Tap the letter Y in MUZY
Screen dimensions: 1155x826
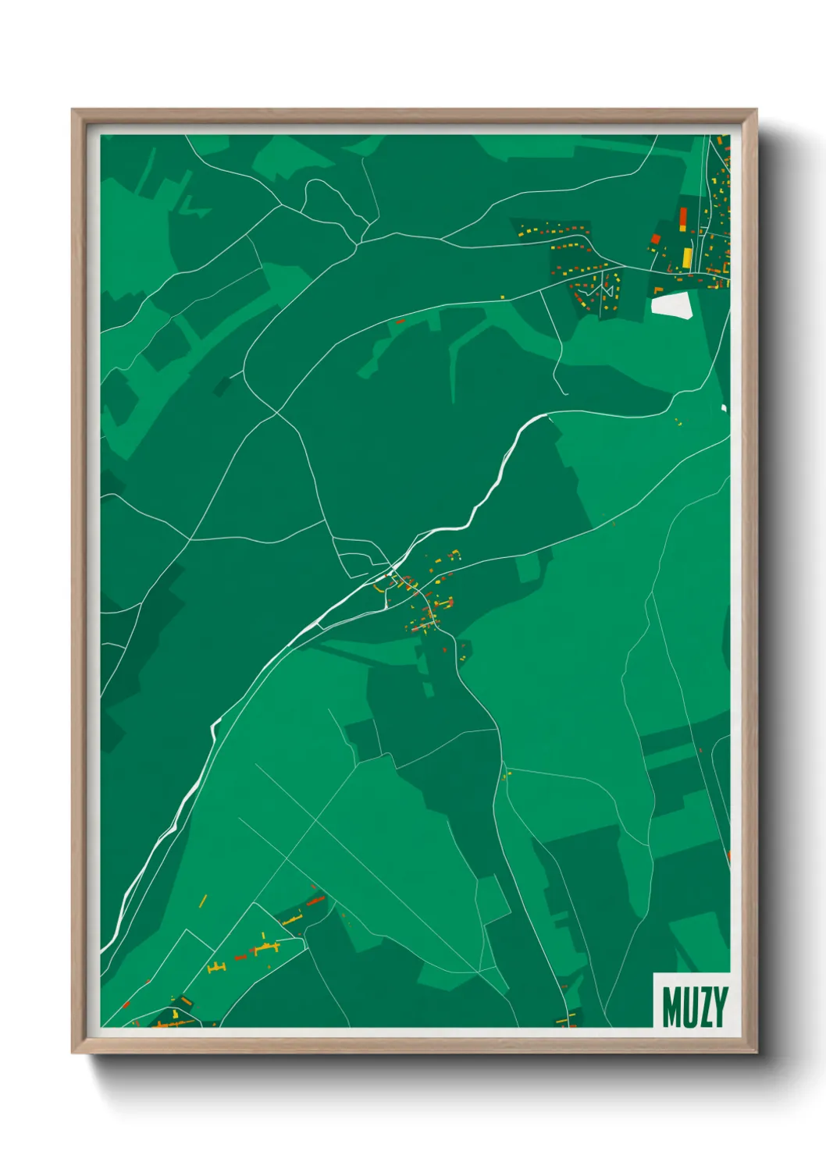point(721,1008)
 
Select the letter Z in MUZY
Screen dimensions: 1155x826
point(704,1008)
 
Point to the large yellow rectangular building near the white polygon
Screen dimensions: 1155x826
point(687,257)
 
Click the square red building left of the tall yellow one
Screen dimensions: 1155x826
point(656,239)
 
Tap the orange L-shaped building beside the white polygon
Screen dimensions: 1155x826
point(658,290)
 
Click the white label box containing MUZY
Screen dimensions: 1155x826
point(691,1000)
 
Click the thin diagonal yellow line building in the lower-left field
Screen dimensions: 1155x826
point(203,901)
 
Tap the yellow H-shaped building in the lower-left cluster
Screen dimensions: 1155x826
point(217,967)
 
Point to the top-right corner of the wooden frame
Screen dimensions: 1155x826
point(755,111)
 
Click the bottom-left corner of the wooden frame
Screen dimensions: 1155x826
point(73,1051)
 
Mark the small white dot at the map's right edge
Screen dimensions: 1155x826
point(724,407)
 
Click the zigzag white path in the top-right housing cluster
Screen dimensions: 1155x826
point(605,293)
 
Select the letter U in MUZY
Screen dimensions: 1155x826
point(688,1008)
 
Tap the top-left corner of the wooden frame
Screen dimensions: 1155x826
point(73,111)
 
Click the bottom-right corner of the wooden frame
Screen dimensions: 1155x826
point(755,1051)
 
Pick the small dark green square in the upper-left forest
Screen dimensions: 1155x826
point(223,386)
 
